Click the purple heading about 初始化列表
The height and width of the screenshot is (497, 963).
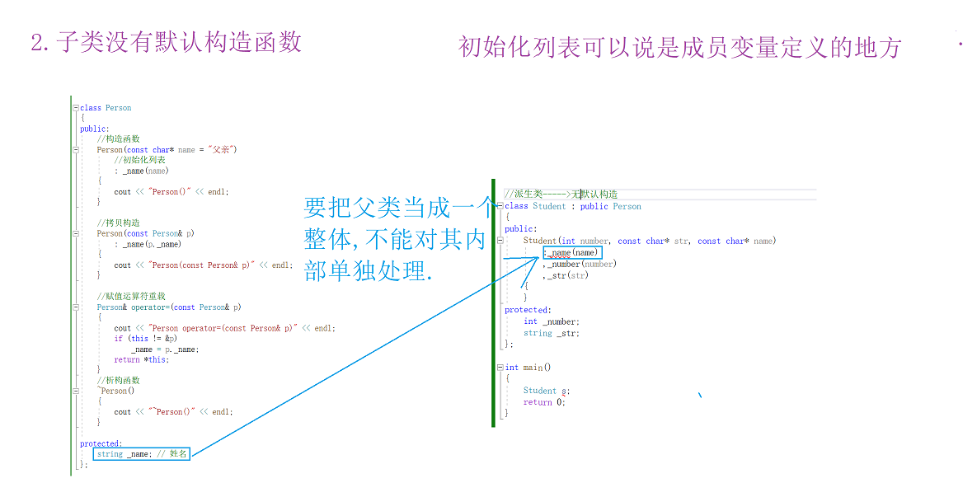coord(679,48)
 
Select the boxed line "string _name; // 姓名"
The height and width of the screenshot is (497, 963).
coord(142,454)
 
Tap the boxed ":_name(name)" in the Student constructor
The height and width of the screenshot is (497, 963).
coord(572,252)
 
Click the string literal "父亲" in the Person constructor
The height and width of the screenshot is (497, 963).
coord(221,150)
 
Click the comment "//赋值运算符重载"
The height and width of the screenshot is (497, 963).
coord(131,296)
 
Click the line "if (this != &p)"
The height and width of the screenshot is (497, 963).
coord(145,338)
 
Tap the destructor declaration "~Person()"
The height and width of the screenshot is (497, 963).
coord(115,391)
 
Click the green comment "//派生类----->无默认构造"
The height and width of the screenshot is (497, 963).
coord(561,194)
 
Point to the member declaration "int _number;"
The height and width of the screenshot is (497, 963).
coord(551,321)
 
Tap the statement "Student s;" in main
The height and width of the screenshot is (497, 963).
coord(546,391)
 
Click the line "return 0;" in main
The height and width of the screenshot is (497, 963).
coord(544,402)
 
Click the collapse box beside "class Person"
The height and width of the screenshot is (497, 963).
coord(75,108)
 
